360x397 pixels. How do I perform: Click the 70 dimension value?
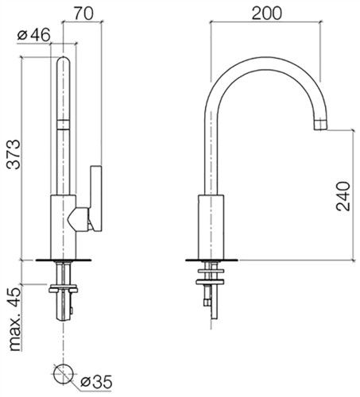click(x=83, y=13)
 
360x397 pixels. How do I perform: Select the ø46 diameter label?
click(x=33, y=35)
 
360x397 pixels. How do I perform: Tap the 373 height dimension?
click(x=14, y=154)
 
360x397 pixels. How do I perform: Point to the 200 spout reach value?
click(x=266, y=13)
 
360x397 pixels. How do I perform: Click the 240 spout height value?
click(x=343, y=196)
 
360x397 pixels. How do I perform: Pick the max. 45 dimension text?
click(x=14, y=319)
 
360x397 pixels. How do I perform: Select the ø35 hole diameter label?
click(x=96, y=382)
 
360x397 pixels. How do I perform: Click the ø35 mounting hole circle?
click(x=63, y=373)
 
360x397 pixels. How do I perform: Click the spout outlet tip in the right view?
click(x=320, y=125)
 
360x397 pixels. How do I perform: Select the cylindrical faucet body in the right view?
click(x=211, y=227)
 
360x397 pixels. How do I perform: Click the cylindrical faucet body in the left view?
click(x=64, y=227)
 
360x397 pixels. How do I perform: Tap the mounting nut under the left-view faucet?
click(x=63, y=289)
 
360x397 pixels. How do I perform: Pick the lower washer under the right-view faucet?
click(x=210, y=282)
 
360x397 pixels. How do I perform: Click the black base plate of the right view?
click(x=211, y=260)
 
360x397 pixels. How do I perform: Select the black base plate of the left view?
click(x=64, y=260)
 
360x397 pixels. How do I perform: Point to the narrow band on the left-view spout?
click(x=64, y=125)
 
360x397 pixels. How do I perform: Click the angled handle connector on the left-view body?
click(x=78, y=219)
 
